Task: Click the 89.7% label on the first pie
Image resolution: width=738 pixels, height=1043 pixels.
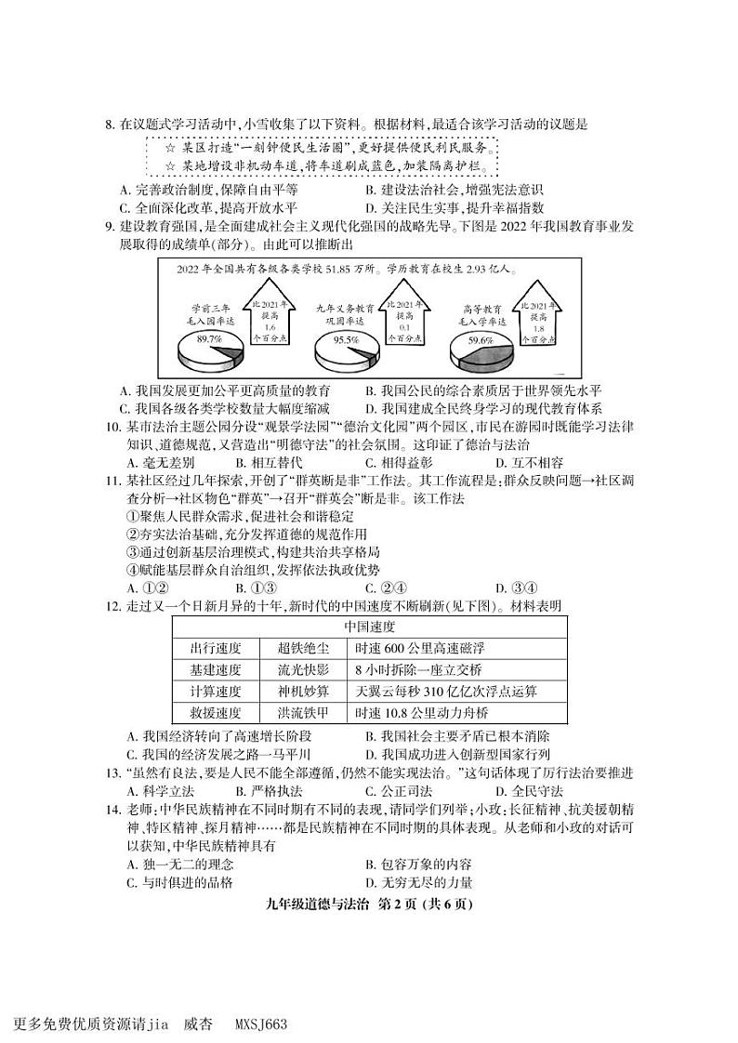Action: coord(209,339)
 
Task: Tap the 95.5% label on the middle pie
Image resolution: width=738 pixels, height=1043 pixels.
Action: coord(346,339)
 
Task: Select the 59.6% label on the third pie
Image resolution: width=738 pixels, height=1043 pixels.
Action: coord(480,340)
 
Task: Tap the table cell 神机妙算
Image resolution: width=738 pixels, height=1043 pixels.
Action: coord(303,692)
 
